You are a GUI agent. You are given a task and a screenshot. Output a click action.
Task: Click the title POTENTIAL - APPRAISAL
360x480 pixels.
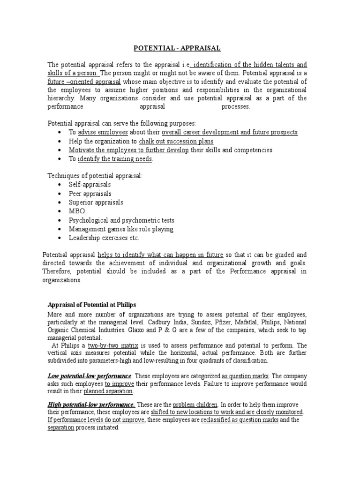pyautogui.click(x=177, y=48)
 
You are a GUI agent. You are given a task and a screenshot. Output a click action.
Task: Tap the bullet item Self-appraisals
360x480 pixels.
pyautogui.click(x=90, y=185)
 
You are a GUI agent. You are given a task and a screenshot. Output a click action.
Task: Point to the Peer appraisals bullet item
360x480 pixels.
pyautogui.click(x=90, y=194)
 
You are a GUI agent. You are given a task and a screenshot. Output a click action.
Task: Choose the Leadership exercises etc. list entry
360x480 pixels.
pyautogui.click(x=104, y=238)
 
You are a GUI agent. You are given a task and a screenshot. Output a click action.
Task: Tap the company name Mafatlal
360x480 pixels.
pyautogui.click(x=259, y=322)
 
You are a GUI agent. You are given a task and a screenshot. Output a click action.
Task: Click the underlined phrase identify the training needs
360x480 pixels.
pyautogui.click(x=115, y=159)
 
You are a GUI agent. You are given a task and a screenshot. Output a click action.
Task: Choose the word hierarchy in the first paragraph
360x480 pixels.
pyautogui.click(x=62, y=98)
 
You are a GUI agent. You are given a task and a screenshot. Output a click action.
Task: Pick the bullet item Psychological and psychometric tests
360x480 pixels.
pyautogui.click(x=121, y=220)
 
